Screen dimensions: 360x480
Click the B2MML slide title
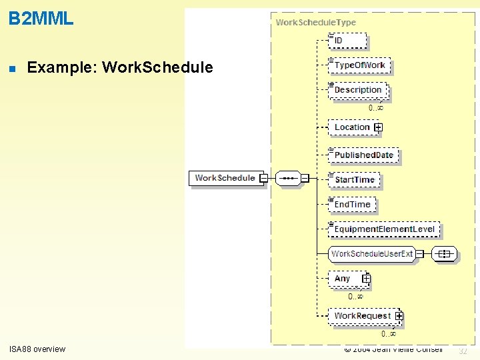(x=41, y=19)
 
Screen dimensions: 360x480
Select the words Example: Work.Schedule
(x=120, y=67)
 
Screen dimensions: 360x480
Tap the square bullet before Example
(x=12, y=68)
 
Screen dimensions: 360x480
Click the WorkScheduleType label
(x=316, y=22)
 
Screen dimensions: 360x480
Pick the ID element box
(x=348, y=41)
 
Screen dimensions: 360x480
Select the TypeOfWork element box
(x=359, y=65)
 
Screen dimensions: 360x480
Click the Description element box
(x=357, y=90)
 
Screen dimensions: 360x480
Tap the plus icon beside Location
(x=378, y=127)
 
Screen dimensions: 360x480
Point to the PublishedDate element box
(x=363, y=155)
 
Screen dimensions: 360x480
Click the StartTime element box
(x=354, y=179)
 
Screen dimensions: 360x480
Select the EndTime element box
(x=352, y=204)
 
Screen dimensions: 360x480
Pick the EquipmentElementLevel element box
(x=384, y=229)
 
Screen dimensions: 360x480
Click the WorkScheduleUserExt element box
(x=372, y=253)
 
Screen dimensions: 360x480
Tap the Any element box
(x=344, y=279)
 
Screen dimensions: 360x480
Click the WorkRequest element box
(x=362, y=315)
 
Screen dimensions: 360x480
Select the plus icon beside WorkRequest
(x=399, y=315)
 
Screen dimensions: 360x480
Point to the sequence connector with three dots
(x=288, y=178)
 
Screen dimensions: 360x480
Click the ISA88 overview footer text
(x=37, y=349)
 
